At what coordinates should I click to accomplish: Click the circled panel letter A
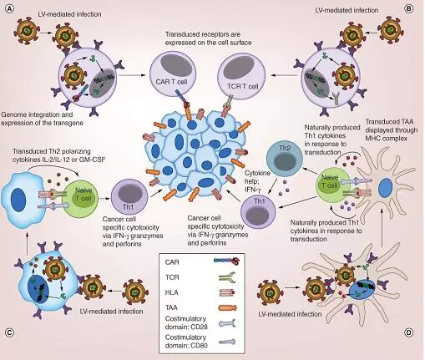(x=10, y=8)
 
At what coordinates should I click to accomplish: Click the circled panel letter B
(x=408, y=8)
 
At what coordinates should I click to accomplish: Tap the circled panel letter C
(x=10, y=332)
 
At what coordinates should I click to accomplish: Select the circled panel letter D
(x=408, y=332)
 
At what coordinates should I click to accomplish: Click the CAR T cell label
(x=171, y=82)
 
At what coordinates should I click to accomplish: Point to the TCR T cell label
(x=242, y=86)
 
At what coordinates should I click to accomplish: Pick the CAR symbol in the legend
(x=227, y=261)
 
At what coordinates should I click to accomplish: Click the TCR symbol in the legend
(x=227, y=276)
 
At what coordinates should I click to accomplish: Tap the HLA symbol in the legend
(x=226, y=292)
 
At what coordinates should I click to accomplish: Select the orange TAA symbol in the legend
(x=227, y=307)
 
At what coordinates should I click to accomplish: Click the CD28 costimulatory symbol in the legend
(x=227, y=323)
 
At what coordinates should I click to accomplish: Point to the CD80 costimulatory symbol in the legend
(x=227, y=342)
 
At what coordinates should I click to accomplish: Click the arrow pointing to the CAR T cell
(x=132, y=75)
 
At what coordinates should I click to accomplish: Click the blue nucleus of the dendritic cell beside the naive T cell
(x=386, y=188)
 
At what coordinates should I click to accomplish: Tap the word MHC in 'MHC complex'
(x=373, y=139)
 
